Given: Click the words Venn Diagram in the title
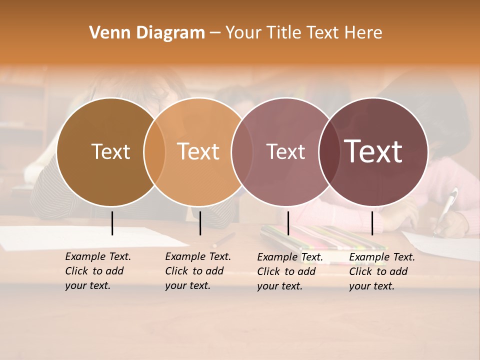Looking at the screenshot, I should (x=147, y=33).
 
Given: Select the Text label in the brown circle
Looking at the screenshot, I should (x=110, y=151).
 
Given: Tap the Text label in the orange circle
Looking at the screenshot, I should (x=198, y=151).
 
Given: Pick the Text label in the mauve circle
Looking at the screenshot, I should (x=285, y=151).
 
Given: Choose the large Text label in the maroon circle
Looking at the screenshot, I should (x=373, y=151).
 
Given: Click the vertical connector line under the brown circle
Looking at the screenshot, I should (x=112, y=223).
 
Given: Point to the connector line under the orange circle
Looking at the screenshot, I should (x=200, y=223).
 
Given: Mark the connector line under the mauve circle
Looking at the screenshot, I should (x=288, y=223).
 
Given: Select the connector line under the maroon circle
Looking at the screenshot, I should (x=372, y=223).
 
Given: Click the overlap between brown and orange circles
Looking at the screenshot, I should (x=154, y=151).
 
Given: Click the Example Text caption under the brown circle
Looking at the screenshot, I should (x=97, y=271).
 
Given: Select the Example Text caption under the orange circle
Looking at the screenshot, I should (x=197, y=271).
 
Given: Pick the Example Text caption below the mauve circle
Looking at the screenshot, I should (x=289, y=271).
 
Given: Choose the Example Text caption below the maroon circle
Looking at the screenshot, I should (x=381, y=271).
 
